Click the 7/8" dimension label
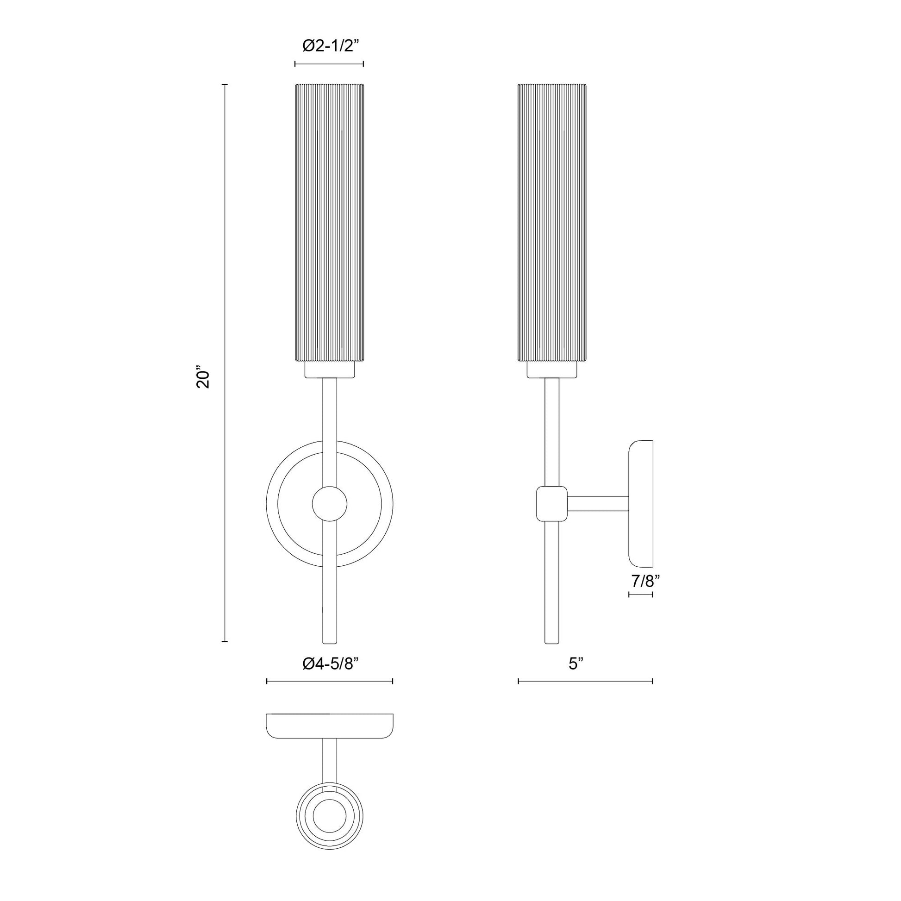(645, 581)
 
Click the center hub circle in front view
(330, 504)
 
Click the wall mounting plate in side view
(641, 503)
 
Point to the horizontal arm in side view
(598, 504)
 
